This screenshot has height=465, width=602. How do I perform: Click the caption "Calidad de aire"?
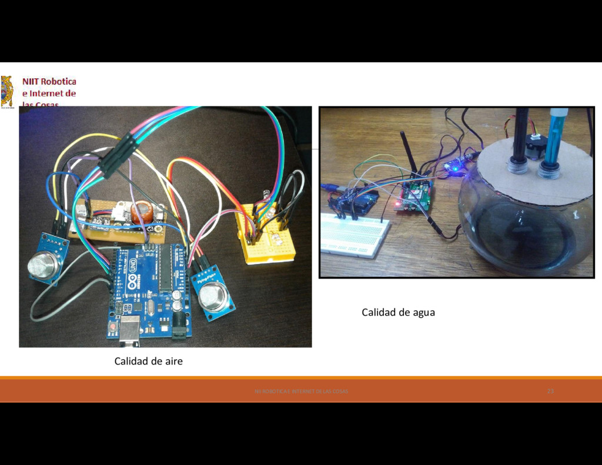(x=148, y=361)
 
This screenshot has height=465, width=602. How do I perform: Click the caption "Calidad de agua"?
(x=398, y=312)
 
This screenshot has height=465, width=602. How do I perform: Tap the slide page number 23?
(x=550, y=391)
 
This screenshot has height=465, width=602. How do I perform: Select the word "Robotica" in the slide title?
(x=58, y=82)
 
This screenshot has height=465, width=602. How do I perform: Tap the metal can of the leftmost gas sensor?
(x=43, y=266)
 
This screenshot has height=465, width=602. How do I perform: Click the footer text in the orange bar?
(x=301, y=392)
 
